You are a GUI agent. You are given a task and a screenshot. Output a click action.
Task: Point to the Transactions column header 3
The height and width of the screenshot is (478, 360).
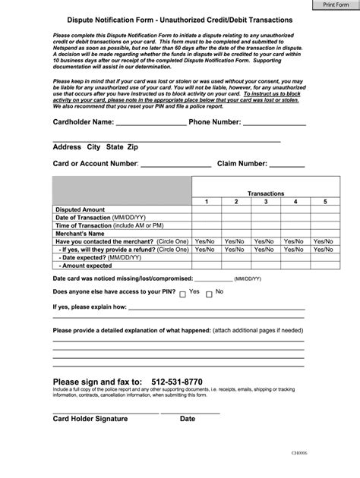pos(265,202)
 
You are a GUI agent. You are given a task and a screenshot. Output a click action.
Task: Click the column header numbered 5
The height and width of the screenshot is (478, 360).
pos(324,202)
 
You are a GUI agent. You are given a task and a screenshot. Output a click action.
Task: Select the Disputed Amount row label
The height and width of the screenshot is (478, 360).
pos(81,210)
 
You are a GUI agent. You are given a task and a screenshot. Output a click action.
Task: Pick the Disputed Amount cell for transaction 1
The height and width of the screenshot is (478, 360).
pos(206,210)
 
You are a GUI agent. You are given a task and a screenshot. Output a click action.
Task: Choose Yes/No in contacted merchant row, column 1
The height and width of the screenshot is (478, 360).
pos(206,241)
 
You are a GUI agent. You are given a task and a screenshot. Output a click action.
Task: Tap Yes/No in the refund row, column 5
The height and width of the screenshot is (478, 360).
pos(324,249)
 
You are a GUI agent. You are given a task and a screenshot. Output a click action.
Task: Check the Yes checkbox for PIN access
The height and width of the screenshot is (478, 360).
pos(183,294)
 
